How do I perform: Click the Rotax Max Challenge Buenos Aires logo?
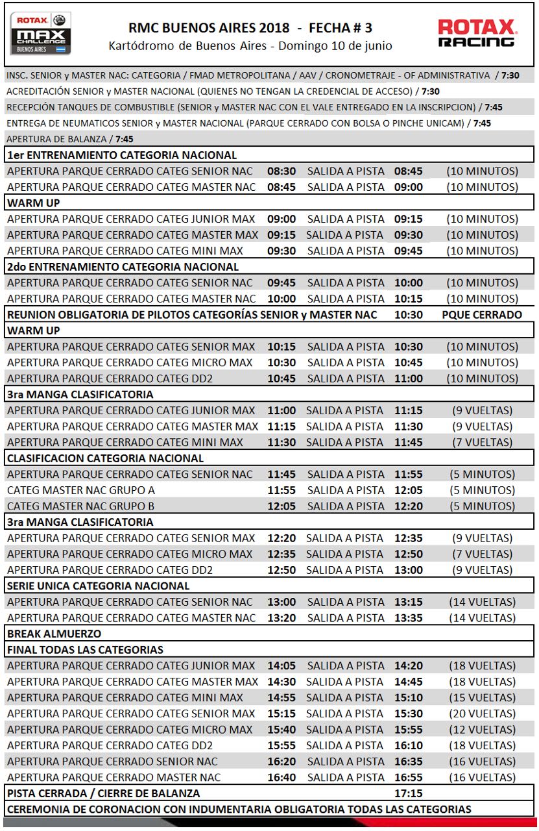coord(40,33)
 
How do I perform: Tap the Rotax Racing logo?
coord(477,33)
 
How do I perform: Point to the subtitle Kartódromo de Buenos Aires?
coord(250,46)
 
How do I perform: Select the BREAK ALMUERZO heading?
coord(54,634)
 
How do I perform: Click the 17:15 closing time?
coord(408,793)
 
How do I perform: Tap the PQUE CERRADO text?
coord(482,315)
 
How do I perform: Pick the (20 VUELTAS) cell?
coord(482,713)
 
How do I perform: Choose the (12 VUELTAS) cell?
coord(482,730)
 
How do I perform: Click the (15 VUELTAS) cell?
coord(482,698)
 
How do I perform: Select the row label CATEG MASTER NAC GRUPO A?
coord(81,490)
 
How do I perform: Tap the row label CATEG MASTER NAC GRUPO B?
coord(81,506)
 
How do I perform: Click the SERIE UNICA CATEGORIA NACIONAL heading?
coord(98,586)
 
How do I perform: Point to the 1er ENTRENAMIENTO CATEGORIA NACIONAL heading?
coord(122,155)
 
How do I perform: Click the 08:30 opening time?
coord(281,171)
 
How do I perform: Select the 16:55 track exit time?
coord(408,777)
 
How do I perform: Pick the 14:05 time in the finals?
coord(281,665)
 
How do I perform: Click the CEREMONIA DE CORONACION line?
coord(239,809)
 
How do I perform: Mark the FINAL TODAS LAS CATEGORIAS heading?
coord(85,650)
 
